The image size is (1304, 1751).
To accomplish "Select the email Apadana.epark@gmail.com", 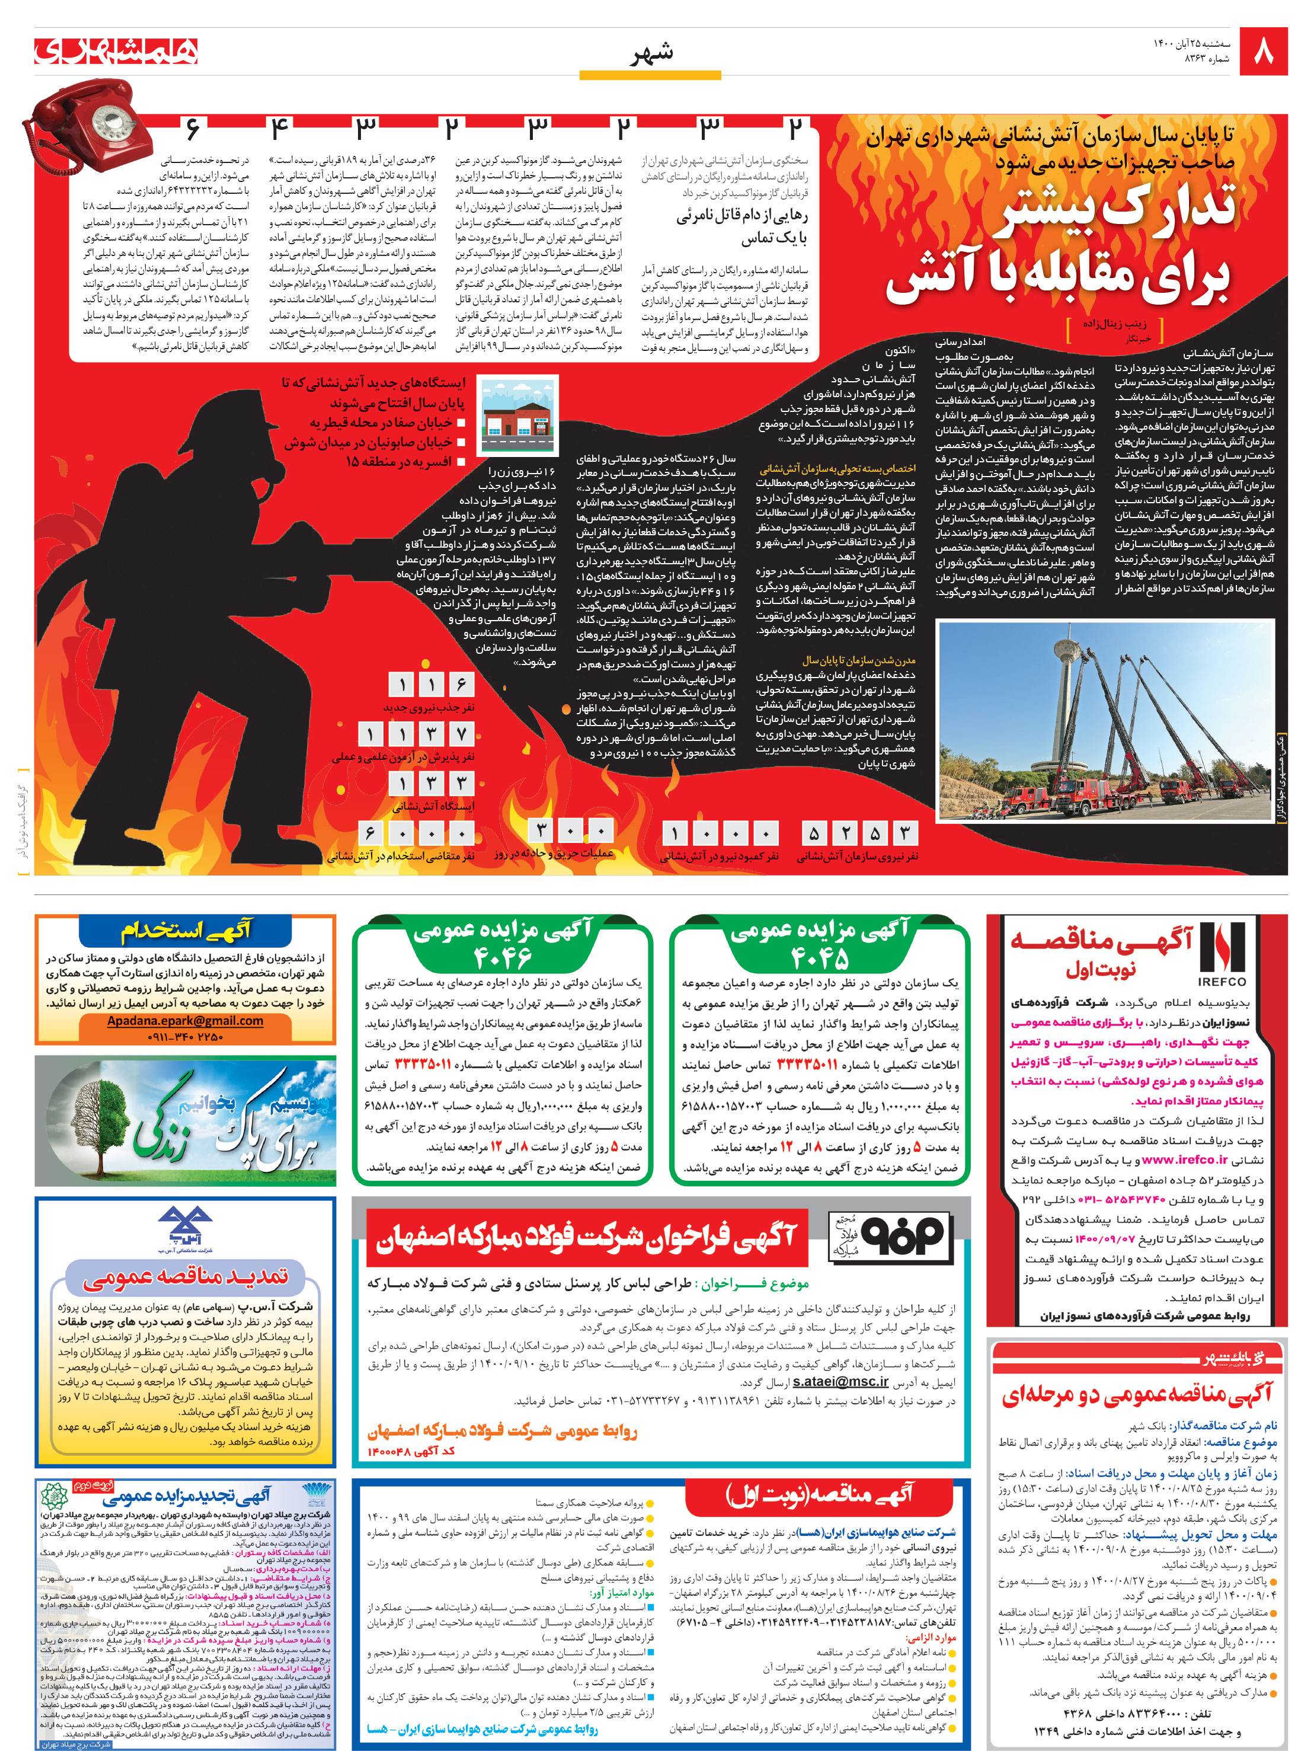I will (185, 1021).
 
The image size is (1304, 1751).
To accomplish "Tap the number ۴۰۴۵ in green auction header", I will (819, 958).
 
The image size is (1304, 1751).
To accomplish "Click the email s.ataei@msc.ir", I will (840, 1382).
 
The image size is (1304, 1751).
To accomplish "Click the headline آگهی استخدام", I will (185, 932).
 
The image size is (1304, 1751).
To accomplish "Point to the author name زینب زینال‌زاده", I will (1114, 324).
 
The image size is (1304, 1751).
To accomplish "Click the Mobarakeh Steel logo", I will (889, 1237).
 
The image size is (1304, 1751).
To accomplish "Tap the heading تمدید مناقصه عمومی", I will (185, 1276).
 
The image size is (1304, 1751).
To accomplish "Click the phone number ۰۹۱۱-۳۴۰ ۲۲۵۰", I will (185, 1037).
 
